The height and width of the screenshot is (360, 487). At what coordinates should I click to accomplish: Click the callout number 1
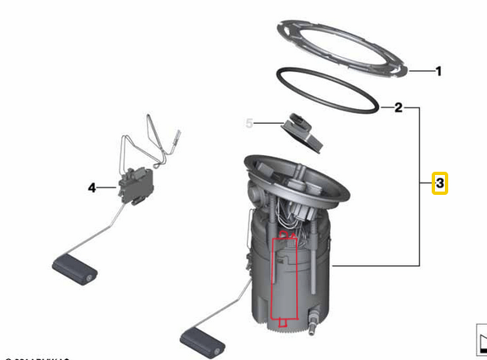438,72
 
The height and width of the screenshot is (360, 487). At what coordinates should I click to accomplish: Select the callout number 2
398,107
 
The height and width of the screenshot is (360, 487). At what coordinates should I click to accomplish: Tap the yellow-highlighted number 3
440,182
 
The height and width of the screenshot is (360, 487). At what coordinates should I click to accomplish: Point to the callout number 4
92,188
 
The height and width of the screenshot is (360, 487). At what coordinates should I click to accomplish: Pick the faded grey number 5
249,124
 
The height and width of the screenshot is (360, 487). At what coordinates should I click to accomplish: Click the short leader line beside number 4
108,188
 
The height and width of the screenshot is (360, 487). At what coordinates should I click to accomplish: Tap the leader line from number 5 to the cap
268,125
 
